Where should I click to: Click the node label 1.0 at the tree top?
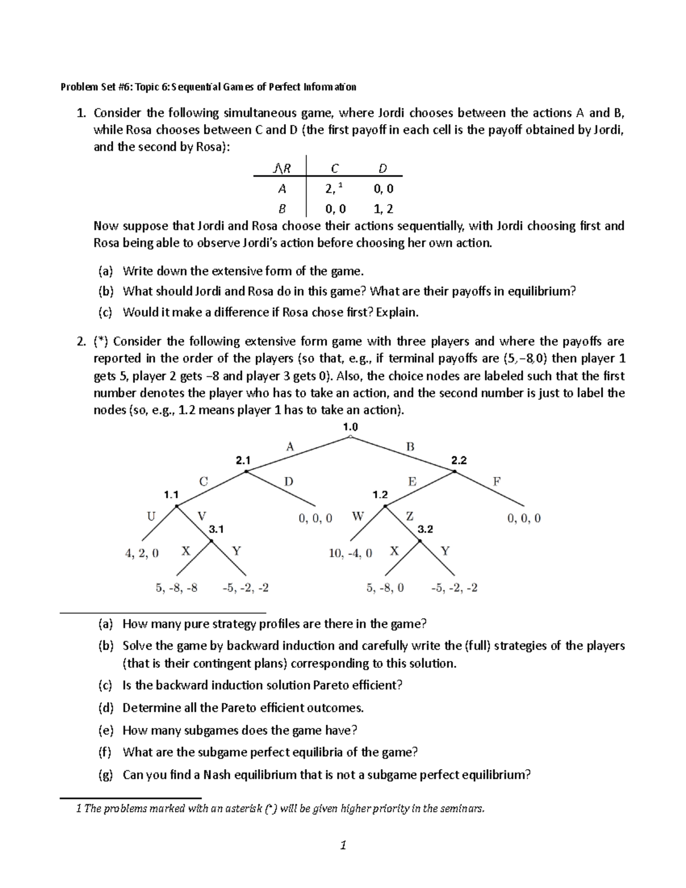coord(350,427)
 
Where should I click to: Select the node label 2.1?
coord(243,460)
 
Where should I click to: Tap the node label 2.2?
coord(459,460)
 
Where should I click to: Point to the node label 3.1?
coord(216,529)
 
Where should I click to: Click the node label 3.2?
coord(425,529)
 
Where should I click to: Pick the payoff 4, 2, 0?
coord(142,553)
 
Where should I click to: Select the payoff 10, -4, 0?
coord(350,553)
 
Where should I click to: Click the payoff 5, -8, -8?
coord(177,587)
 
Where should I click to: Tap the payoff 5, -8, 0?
coord(385,587)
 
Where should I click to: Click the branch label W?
coord(358,516)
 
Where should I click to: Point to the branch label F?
coord(497,481)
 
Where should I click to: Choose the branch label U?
coord(151,516)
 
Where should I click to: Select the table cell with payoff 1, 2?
coord(383,209)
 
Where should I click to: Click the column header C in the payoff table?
coord(334,168)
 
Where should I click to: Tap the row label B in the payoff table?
coord(282,209)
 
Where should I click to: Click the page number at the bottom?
coord(343,845)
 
